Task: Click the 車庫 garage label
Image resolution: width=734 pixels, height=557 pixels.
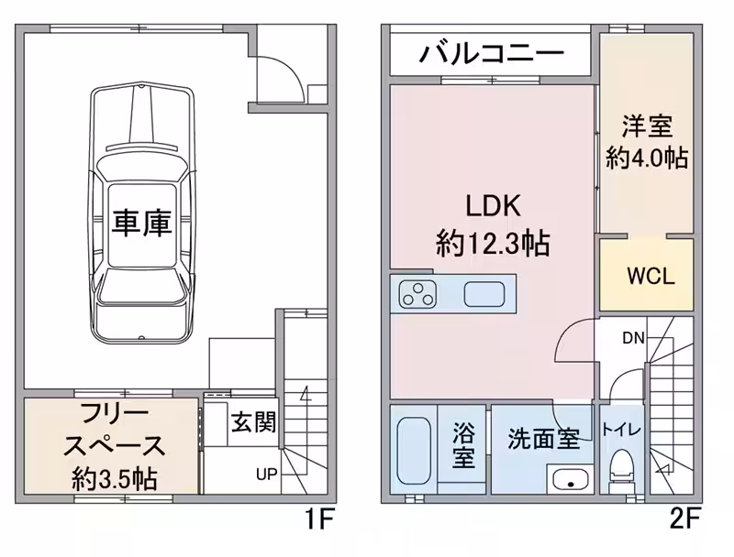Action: (142, 224)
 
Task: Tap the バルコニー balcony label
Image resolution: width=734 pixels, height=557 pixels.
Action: (492, 54)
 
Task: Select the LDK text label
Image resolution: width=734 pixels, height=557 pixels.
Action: (493, 206)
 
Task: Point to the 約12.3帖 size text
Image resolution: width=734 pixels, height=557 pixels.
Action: (493, 244)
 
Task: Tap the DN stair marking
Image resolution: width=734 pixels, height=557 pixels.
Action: (633, 338)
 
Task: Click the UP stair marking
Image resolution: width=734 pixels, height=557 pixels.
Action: (266, 475)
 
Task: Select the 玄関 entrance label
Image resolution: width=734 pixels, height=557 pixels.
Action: (252, 423)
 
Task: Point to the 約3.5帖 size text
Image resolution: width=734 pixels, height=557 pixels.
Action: (113, 477)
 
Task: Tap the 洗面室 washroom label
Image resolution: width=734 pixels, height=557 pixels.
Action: (543, 439)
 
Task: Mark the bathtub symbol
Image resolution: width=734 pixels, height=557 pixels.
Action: (416, 451)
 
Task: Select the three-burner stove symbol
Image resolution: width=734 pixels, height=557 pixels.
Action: (419, 294)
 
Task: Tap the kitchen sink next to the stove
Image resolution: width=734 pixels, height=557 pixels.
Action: (484, 295)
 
